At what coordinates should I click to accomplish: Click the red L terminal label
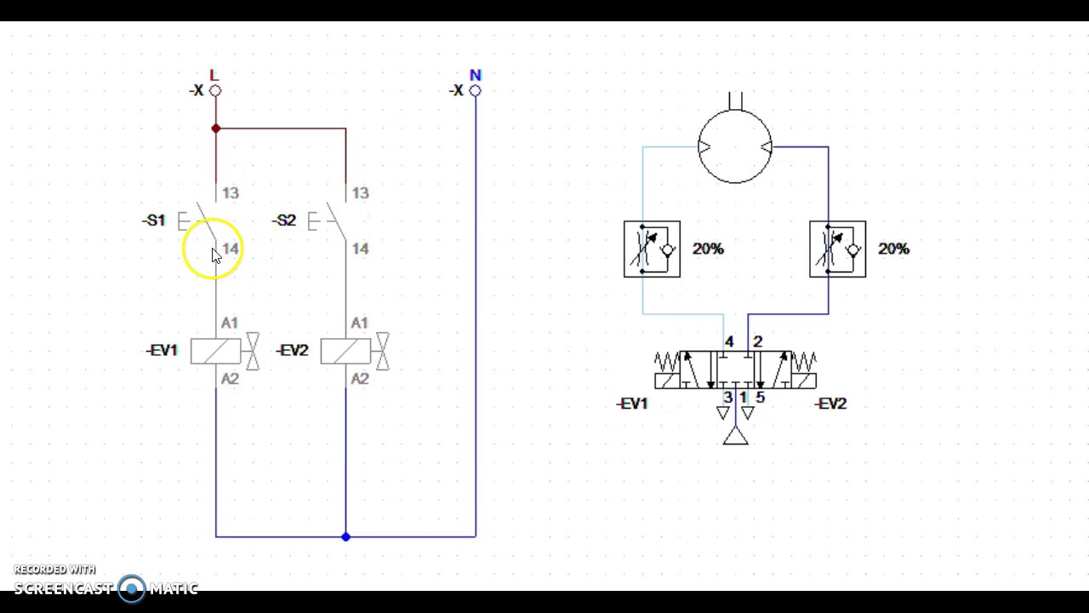[x=214, y=76]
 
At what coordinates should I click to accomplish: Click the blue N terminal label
[x=475, y=76]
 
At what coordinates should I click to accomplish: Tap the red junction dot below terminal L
[x=216, y=129]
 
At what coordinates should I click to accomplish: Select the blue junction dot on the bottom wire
[x=345, y=536]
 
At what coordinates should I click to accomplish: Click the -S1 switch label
[x=154, y=221]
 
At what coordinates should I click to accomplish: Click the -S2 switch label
[x=284, y=221]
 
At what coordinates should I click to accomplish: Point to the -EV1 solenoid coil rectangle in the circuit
[x=215, y=351]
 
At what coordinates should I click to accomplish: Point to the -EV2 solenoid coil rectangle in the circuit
[x=345, y=351]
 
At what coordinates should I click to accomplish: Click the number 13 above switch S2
[x=360, y=193]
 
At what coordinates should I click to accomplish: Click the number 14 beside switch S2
[x=360, y=249]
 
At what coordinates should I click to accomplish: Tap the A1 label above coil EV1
[x=230, y=324]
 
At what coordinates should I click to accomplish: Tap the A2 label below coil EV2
[x=360, y=379]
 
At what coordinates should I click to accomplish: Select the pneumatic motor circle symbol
[x=735, y=147]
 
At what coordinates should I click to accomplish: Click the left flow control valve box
[x=652, y=249]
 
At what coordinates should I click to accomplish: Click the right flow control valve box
[x=837, y=249]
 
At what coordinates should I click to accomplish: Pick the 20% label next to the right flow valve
[x=893, y=249]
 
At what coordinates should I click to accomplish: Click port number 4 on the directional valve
[x=729, y=341]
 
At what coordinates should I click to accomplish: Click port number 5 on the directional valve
[x=760, y=398]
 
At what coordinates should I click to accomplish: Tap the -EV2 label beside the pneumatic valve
[x=830, y=404]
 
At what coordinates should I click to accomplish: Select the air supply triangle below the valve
[x=736, y=437]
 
